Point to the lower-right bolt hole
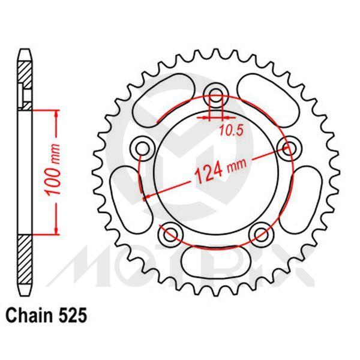(x=260, y=232)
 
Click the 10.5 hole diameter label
(x=229, y=129)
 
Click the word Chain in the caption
(x=29, y=314)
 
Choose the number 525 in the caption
(x=73, y=314)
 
